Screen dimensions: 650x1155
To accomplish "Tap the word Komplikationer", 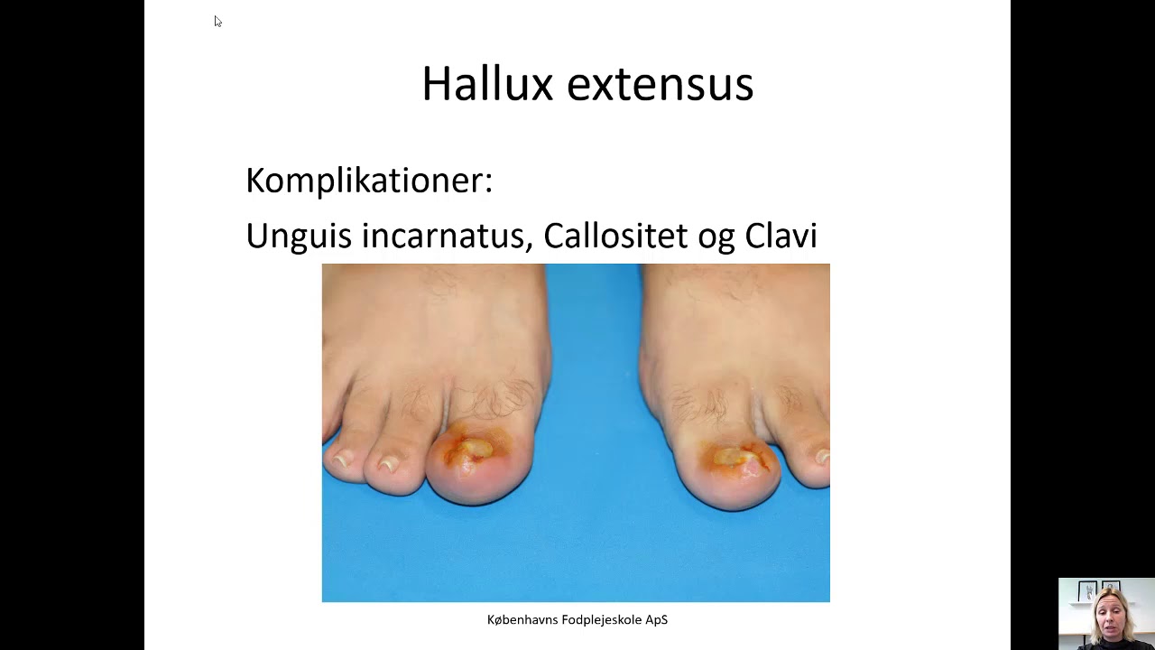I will [369, 181].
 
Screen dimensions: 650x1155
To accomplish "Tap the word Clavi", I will [781, 236].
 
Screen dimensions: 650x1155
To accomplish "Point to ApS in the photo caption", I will [657, 620].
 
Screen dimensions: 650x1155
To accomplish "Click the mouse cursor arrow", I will [217, 21].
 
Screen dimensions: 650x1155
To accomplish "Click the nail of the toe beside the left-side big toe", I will [389, 464].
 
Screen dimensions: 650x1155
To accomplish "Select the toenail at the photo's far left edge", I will [339, 459].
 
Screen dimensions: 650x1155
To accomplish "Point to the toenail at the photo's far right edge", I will [822, 458].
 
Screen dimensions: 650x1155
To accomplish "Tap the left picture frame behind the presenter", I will [1087, 591].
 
